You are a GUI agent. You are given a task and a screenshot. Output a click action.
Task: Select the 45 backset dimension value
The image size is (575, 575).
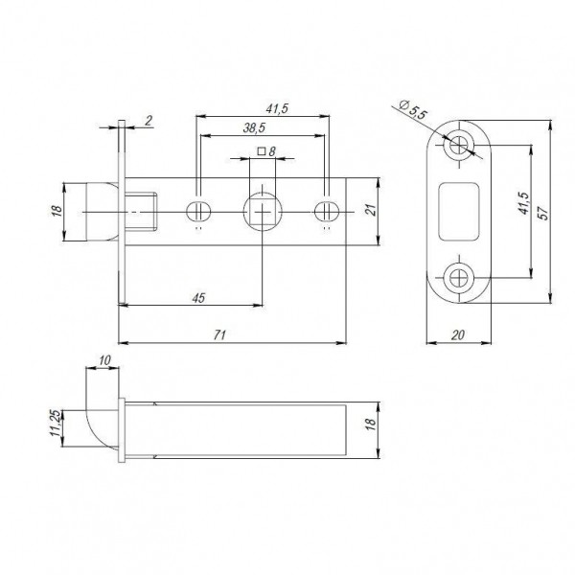pyautogui.click(x=198, y=298)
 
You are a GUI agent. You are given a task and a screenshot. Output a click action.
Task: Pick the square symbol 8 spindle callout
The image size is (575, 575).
pyautogui.click(x=267, y=151)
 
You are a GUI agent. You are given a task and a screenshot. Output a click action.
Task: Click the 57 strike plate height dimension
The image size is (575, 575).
pyautogui.click(x=543, y=217)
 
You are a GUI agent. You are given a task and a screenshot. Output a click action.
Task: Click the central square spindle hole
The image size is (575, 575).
pyautogui.click(x=262, y=210)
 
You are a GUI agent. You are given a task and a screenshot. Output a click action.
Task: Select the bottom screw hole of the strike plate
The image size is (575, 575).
pyautogui.click(x=459, y=279)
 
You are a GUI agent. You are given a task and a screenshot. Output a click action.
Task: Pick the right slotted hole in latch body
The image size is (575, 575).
pyautogui.click(x=328, y=210)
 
